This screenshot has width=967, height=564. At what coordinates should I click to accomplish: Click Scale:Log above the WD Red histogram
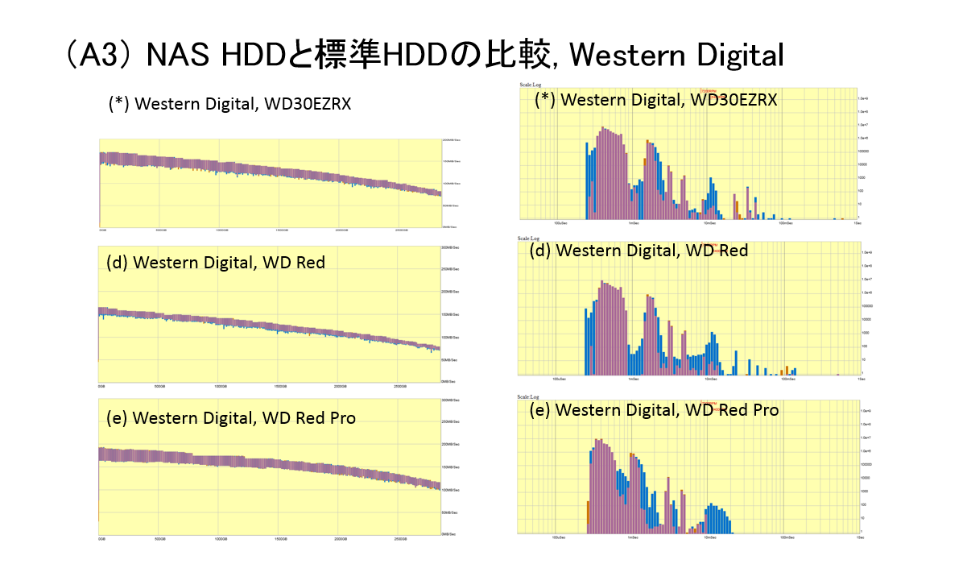point(529,238)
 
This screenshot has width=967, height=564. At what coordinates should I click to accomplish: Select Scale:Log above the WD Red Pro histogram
point(529,397)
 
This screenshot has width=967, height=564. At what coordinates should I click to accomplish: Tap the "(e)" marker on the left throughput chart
point(117,418)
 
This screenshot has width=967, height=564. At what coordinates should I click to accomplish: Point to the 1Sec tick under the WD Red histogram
point(859,379)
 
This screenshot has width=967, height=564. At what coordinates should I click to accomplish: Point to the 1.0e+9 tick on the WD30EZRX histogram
point(867,97)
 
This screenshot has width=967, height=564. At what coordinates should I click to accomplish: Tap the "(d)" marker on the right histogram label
point(540,251)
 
